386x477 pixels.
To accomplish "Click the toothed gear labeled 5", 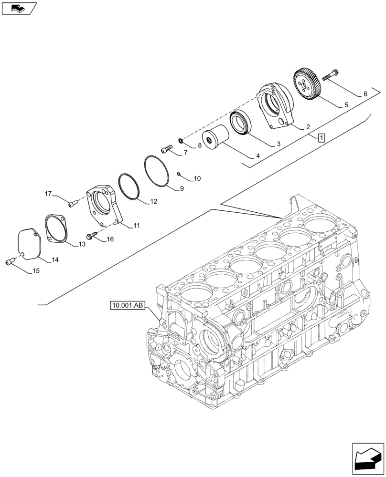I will pyautogui.click(x=308, y=84).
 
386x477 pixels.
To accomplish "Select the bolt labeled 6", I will pyautogui.click(x=331, y=75).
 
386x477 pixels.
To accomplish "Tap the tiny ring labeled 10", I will pyautogui.click(x=178, y=174).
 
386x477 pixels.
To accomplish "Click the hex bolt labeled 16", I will pyautogui.click(x=92, y=235).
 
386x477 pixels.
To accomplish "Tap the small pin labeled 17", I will pyautogui.click(x=72, y=204).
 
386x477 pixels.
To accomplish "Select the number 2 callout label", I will pyautogui.click(x=308, y=127).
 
